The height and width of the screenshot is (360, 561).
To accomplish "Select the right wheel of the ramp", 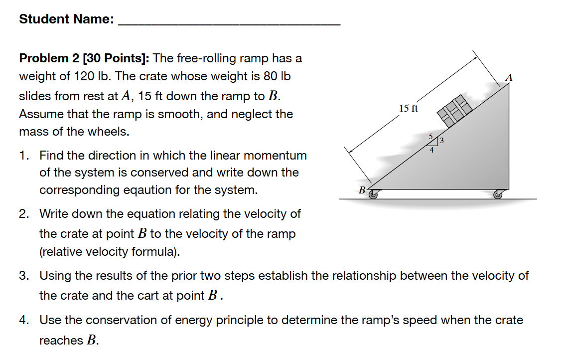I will tap(498, 195).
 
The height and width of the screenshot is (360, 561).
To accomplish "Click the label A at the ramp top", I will tap(508, 77).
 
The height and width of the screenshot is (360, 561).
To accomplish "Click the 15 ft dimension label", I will tap(409, 108).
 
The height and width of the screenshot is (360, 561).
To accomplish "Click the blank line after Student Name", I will tap(229, 22).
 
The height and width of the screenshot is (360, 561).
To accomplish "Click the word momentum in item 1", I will tap(283, 156).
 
